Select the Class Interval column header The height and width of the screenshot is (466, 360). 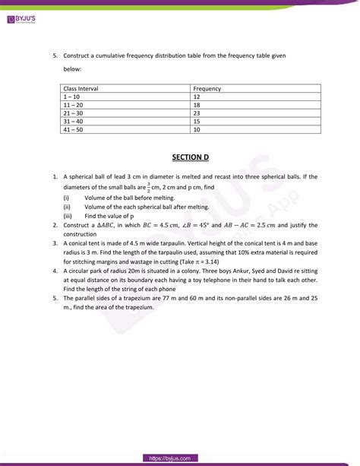click(x=81, y=89)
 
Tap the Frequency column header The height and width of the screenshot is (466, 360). click(x=207, y=89)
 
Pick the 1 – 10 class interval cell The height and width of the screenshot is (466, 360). click(x=72, y=97)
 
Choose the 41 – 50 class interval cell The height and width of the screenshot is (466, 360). click(x=74, y=129)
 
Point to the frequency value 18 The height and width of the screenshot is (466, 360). click(x=197, y=105)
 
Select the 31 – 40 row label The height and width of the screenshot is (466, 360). click(x=74, y=121)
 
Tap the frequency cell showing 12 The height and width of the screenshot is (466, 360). click(x=197, y=97)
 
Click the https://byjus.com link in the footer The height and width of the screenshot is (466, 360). click(x=179, y=458)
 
